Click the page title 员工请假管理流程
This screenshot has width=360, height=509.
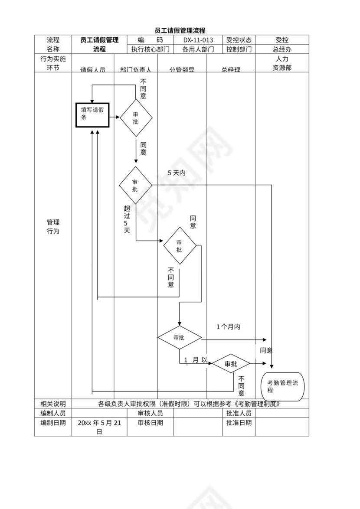click(x=180, y=30)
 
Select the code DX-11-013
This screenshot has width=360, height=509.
click(x=198, y=40)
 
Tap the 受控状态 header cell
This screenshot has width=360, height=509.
click(x=239, y=40)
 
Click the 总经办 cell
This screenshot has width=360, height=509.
click(x=282, y=49)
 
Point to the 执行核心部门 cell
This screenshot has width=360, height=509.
click(x=151, y=49)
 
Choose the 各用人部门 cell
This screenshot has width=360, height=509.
click(x=198, y=49)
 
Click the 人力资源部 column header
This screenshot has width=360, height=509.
click(x=282, y=63)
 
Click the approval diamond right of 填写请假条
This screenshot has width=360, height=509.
click(x=136, y=117)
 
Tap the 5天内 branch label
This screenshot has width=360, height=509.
click(x=177, y=173)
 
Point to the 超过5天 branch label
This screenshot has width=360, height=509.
click(x=127, y=219)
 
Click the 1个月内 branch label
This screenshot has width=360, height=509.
click(x=228, y=326)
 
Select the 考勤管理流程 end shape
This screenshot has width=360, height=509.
click(x=282, y=386)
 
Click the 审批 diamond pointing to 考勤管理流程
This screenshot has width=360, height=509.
click(x=231, y=364)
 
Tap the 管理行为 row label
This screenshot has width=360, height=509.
click(x=53, y=227)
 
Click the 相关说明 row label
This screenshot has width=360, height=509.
click(x=53, y=404)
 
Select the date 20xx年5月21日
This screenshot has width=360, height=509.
click(x=99, y=427)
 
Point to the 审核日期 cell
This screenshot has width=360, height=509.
click(x=151, y=423)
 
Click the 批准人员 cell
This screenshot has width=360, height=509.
click(x=239, y=413)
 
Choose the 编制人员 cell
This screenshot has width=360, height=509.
click(x=53, y=413)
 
